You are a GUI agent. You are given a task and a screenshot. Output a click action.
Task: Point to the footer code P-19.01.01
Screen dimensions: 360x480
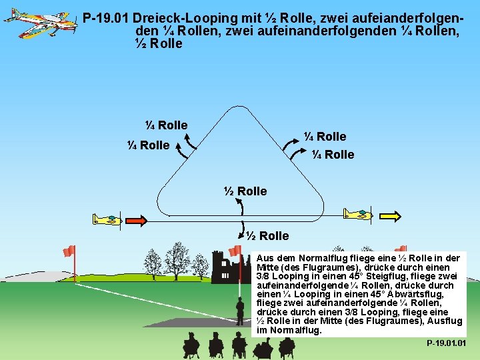[x=446, y=343]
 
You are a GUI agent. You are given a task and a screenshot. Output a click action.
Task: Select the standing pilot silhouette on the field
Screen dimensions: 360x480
[x=240, y=312]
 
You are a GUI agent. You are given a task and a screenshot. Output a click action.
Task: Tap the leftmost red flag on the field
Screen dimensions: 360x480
[x=69, y=251]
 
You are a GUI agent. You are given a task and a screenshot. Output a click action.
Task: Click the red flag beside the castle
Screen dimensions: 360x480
[x=235, y=251]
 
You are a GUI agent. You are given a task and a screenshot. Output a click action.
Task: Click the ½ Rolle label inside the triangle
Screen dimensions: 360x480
[x=245, y=191]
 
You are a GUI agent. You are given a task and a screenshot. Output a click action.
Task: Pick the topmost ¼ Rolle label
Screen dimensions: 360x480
[x=166, y=125]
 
